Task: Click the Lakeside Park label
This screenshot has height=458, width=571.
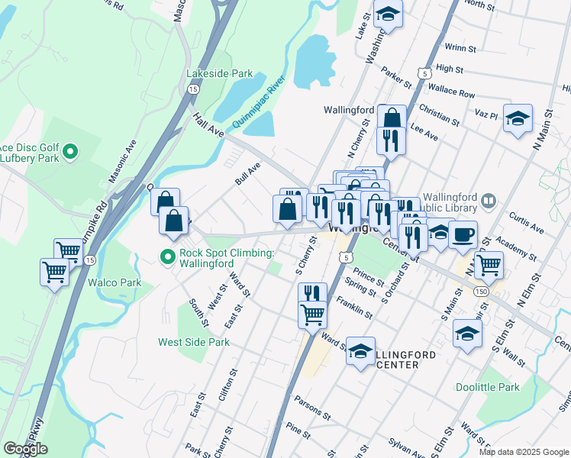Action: coord(219,73)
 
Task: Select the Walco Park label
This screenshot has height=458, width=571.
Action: coord(115,282)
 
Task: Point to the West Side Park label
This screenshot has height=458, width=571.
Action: coord(194,342)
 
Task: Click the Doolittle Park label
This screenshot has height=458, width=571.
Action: coord(487,387)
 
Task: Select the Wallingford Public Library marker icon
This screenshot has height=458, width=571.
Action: coord(489,202)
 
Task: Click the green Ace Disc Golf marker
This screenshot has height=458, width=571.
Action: coord(70,152)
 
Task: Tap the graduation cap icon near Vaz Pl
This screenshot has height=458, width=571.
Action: coord(518,118)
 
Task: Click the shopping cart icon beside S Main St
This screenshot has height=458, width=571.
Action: coord(489,265)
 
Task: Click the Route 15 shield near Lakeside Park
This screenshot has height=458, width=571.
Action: coord(193,89)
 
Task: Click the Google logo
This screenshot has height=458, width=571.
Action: coord(25,449)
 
